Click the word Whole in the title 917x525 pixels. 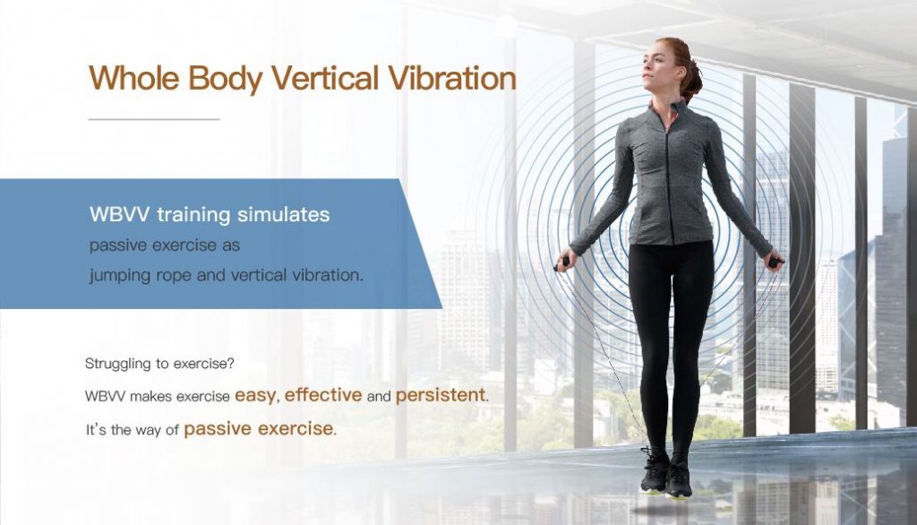[134, 79]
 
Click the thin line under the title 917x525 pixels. [154, 119]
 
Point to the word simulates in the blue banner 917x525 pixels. [283, 214]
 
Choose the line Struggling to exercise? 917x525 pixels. [159, 364]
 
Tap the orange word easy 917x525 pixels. [255, 396]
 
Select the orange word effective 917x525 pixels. [322, 395]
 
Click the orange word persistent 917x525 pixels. [441, 396]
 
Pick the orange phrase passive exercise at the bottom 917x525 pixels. [258, 429]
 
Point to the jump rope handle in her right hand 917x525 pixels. [562, 263]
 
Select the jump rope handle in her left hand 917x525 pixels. [775, 262]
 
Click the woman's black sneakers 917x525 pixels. [666, 474]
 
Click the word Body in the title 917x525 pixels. [225, 79]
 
